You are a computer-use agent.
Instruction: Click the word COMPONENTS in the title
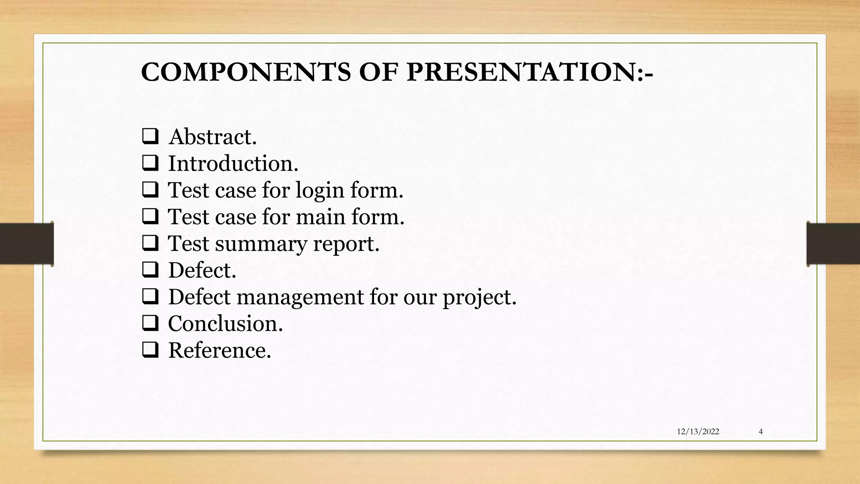click(246, 72)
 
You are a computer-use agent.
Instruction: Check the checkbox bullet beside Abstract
click(150, 137)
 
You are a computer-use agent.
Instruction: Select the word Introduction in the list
click(233, 163)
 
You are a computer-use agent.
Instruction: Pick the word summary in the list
click(261, 244)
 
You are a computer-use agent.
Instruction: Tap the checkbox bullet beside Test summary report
click(150, 243)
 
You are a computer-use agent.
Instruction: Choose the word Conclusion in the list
click(225, 324)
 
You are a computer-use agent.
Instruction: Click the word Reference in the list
click(219, 350)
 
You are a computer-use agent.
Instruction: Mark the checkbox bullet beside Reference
click(150, 350)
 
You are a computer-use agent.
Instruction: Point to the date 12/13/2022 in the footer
click(698, 431)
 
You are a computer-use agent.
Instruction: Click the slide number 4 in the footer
click(760, 431)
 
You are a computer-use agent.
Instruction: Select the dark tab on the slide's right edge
click(833, 244)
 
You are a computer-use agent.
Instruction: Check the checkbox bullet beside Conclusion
click(150, 323)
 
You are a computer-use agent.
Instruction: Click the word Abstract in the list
click(212, 137)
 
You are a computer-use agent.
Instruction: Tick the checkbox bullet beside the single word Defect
click(150, 270)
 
